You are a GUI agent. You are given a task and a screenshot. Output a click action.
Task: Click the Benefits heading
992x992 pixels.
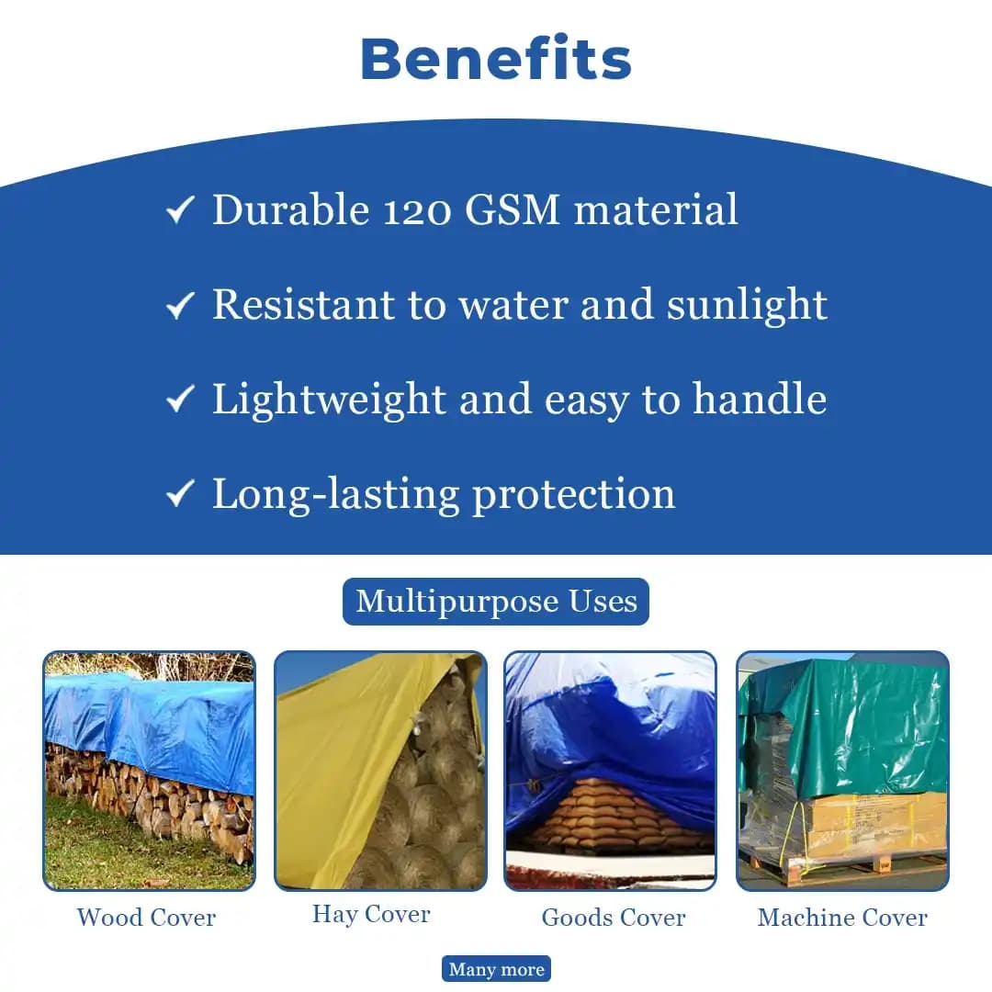[496, 59]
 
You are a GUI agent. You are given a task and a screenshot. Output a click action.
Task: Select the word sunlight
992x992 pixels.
[747, 304]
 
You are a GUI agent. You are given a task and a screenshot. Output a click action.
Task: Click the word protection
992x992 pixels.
[573, 494]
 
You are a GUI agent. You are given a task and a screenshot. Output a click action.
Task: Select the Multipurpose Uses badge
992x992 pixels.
[496, 602]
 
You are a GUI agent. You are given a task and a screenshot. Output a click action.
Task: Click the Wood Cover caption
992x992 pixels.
[147, 918]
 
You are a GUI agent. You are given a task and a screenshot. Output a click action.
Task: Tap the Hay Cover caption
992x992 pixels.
[371, 914]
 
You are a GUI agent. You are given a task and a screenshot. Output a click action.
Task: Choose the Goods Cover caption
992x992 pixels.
[614, 918]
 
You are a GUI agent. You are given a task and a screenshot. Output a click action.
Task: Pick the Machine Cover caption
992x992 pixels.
[842, 918]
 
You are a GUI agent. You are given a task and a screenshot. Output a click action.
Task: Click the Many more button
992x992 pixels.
[496, 969]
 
